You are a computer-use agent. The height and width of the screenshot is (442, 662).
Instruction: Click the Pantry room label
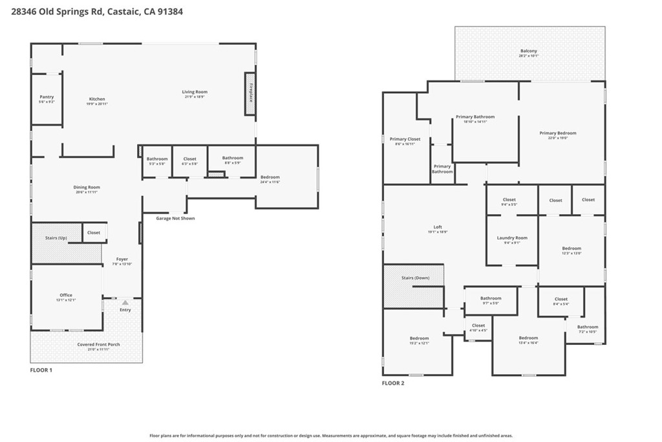click(47, 97)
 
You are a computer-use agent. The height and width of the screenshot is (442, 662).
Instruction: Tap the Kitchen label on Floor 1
click(97, 99)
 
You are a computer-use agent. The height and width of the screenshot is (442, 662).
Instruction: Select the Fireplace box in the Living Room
click(250, 94)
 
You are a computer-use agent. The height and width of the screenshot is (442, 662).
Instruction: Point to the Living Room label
click(194, 92)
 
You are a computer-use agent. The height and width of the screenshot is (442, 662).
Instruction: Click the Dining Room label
click(87, 188)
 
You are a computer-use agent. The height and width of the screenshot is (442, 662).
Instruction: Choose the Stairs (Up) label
click(56, 238)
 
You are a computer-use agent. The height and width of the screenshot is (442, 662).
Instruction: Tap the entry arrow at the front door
click(125, 302)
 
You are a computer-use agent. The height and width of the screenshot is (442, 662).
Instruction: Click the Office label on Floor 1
click(66, 295)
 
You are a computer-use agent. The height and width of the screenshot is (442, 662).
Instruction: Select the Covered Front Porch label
click(98, 344)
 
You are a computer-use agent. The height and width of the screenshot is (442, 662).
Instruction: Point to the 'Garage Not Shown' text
click(175, 218)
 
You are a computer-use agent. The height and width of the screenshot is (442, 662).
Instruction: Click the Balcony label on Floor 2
click(528, 51)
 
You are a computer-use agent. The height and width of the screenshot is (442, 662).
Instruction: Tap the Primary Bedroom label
click(557, 133)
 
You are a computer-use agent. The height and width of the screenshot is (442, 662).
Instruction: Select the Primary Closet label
click(405, 139)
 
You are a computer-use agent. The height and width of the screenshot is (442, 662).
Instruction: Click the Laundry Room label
click(512, 238)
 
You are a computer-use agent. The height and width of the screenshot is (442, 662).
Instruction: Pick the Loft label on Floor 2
click(438, 227)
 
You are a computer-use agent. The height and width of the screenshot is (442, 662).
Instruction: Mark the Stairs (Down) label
click(415, 278)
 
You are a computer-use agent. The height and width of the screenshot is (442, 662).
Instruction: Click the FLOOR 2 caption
click(392, 383)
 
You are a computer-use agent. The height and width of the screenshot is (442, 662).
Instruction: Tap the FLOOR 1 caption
click(41, 370)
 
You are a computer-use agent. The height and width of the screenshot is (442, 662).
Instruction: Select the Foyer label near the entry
click(122, 260)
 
